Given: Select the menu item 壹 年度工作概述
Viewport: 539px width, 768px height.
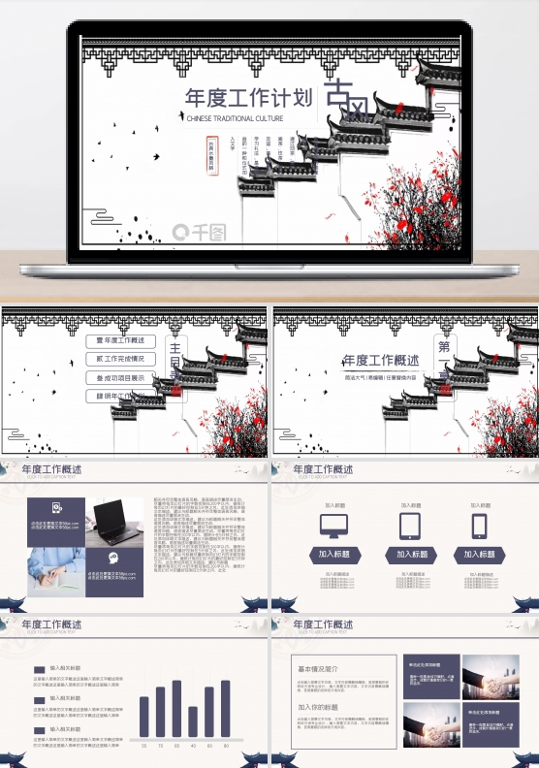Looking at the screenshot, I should click(x=120, y=340).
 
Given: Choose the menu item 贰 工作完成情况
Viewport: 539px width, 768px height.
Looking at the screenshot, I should click(x=120, y=359).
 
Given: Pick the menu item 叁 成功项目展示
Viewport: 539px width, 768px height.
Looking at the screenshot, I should click(x=120, y=377).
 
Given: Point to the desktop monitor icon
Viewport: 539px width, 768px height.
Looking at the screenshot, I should click(x=333, y=526).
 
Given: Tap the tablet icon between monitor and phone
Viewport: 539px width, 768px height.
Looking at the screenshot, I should click(x=408, y=526).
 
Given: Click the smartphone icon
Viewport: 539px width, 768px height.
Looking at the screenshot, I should click(x=479, y=526).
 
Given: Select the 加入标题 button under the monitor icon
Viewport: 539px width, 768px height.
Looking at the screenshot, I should click(x=333, y=555).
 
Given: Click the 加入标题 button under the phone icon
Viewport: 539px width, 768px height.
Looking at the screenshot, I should click(x=479, y=555).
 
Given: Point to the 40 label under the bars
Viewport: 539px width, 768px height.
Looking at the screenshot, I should click(x=193, y=746).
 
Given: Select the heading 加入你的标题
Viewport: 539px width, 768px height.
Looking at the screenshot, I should click(x=317, y=707).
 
